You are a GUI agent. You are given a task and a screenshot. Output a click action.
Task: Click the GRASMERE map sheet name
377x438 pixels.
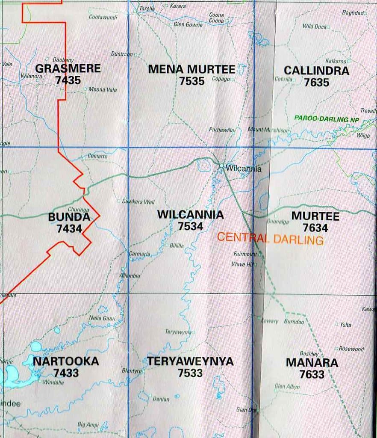(x=68, y=68)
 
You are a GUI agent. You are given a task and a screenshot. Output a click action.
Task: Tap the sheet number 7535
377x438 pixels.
(x=192, y=81)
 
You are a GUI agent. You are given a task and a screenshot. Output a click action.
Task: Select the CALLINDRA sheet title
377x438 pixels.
(x=316, y=71)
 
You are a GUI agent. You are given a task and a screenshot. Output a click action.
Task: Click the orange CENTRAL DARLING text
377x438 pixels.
(x=270, y=239)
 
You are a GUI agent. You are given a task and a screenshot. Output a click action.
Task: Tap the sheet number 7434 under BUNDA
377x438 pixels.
(x=69, y=228)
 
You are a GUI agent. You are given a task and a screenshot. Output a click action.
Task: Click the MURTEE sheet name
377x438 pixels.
(x=315, y=216)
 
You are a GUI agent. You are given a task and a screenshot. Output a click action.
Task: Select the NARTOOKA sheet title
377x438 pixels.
(x=66, y=361)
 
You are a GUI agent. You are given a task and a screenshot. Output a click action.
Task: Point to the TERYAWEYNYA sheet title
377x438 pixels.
(x=190, y=361)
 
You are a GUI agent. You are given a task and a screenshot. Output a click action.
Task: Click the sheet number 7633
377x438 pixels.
(x=312, y=374)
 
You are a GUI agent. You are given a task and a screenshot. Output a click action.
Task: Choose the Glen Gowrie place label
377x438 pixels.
(x=188, y=25)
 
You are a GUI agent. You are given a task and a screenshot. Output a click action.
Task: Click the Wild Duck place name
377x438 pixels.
(x=315, y=27)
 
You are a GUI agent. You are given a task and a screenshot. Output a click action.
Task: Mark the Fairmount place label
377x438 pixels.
(x=245, y=254)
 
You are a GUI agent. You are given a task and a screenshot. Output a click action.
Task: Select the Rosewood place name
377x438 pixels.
(x=351, y=349)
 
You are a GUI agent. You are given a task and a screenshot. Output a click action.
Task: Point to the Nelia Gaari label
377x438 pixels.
(x=102, y=318)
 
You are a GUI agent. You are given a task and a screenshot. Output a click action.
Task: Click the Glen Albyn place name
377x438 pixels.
(x=287, y=387)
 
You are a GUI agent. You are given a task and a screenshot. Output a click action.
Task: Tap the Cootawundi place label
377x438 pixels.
(x=103, y=17)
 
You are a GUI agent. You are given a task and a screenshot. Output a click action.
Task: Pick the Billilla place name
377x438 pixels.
(x=177, y=246)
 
